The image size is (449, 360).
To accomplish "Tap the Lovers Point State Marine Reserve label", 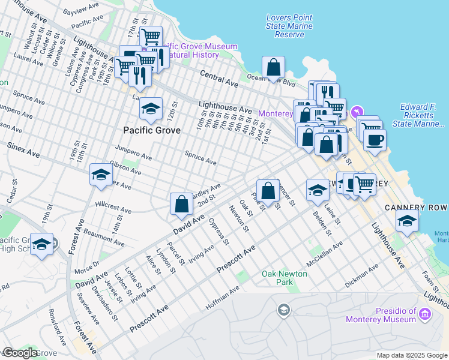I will [x=289, y=26].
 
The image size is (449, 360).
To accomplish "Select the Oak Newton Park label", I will [x=285, y=278].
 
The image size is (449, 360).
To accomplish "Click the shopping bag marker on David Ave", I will [x=181, y=204].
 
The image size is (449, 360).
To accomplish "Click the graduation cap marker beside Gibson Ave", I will [x=101, y=175].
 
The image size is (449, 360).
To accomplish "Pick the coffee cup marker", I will [x=375, y=140].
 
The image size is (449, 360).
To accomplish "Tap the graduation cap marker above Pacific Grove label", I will [x=151, y=108].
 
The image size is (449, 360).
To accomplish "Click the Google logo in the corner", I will [x=20, y=353].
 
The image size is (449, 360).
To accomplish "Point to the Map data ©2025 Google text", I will [x=411, y=355].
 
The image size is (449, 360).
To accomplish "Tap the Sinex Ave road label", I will [x=23, y=150].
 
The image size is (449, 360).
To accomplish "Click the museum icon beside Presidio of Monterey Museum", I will [x=426, y=314].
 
